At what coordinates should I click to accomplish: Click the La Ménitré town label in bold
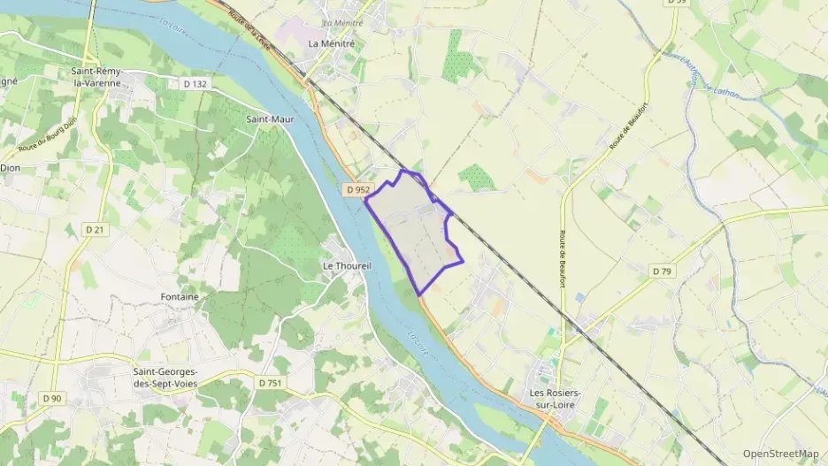pyautogui.click(x=331, y=42)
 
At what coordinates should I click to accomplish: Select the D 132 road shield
pyautogui.click(x=195, y=83)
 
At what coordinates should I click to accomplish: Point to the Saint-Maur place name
pyautogui.click(x=270, y=118)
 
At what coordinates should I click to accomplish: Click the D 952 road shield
pyautogui.click(x=357, y=189)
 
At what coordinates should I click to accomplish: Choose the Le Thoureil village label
pyautogui.click(x=347, y=265)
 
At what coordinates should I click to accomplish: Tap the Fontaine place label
pyautogui.click(x=180, y=297)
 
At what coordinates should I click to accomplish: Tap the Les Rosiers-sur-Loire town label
pyautogui.click(x=560, y=397)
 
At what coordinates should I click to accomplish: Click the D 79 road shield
pyautogui.click(x=661, y=271)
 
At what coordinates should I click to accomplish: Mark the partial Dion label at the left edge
pyautogui.click(x=10, y=166)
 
